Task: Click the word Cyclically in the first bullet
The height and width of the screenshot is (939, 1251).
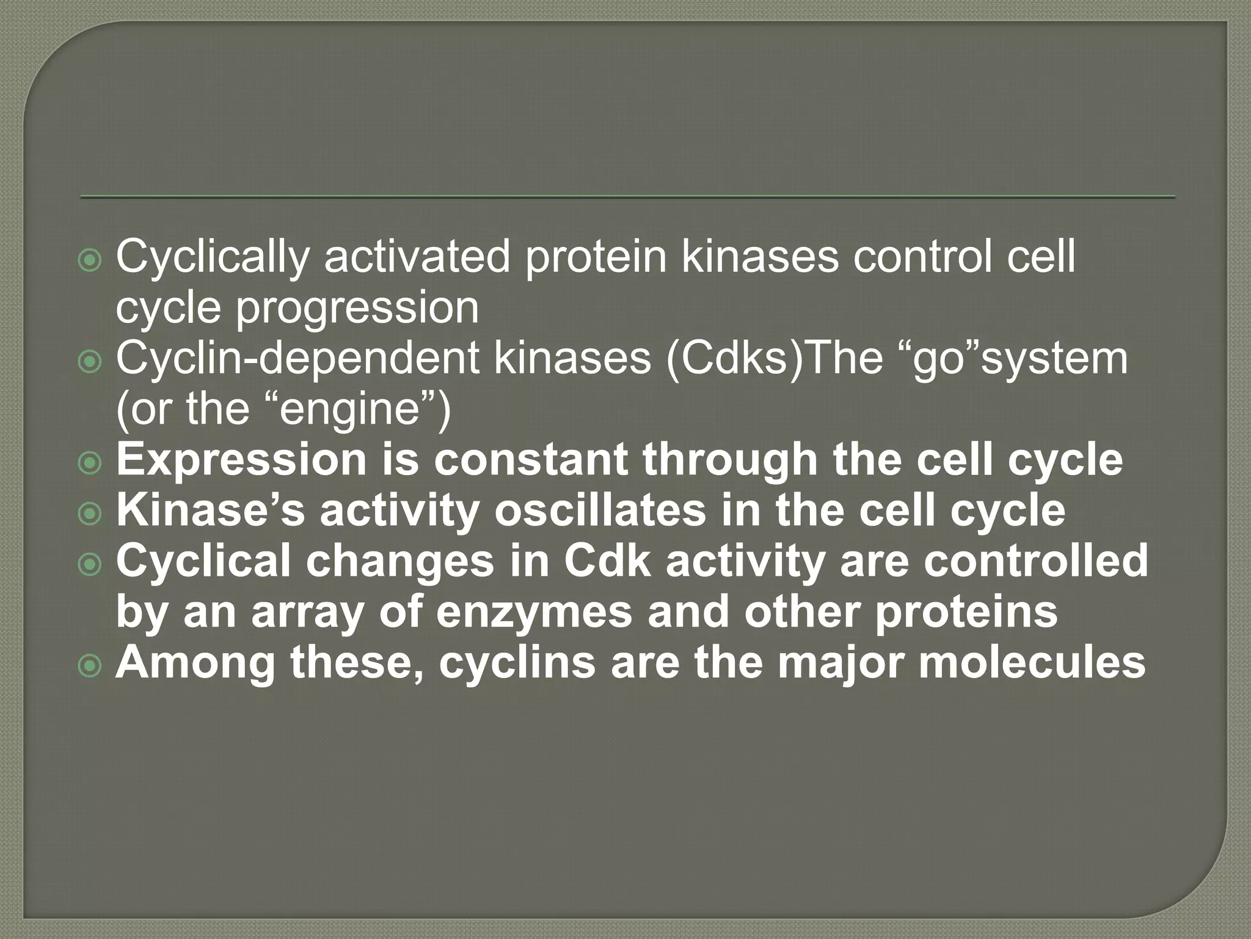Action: tap(212, 257)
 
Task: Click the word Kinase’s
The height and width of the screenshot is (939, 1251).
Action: tap(210, 510)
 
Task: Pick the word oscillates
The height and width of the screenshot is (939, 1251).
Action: tap(600, 510)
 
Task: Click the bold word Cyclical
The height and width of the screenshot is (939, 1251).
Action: tap(203, 561)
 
